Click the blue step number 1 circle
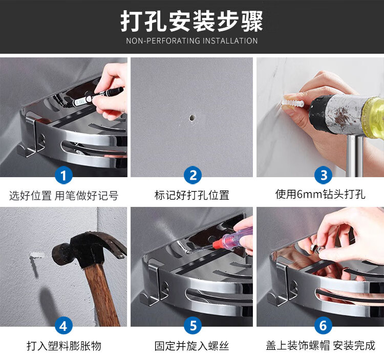(x=63, y=175)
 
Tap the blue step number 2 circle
(x=193, y=175)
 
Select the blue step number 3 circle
(x=324, y=175)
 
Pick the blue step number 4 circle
(x=63, y=326)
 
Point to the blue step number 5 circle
(x=193, y=326)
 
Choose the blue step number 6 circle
(x=323, y=326)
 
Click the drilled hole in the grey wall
(x=192, y=118)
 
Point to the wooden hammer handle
(x=102, y=294)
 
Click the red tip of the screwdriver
(x=218, y=244)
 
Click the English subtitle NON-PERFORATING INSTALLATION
(x=192, y=40)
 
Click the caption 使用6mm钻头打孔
(x=321, y=195)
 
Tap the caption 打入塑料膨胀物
(x=63, y=346)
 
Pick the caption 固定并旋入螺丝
(x=192, y=346)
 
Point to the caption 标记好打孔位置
(x=192, y=195)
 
